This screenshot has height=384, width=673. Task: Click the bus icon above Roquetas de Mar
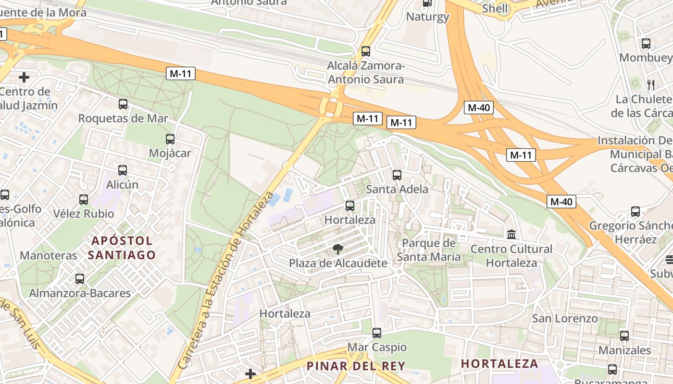(123, 104)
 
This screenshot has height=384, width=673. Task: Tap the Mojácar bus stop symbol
(170, 139)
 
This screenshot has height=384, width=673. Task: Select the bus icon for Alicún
(123, 170)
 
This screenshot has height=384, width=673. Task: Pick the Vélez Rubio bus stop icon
(84, 199)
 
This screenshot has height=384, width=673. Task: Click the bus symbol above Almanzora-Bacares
(80, 278)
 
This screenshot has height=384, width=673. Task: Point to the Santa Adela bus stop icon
(397, 175)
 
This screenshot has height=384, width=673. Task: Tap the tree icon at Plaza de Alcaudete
(338, 249)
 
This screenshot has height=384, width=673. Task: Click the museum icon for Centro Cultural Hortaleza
(511, 235)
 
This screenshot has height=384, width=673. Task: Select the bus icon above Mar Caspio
(377, 333)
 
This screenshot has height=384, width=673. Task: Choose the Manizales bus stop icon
(624, 336)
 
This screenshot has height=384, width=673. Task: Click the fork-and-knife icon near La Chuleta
(651, 85)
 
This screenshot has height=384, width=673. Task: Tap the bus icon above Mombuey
(646, 44)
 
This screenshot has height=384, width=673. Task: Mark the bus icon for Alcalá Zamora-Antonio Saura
(366, 51)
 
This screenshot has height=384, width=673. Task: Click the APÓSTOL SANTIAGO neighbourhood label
(122, 248)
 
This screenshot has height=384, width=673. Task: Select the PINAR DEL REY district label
(356, 366)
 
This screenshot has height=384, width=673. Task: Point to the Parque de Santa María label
(428, 250)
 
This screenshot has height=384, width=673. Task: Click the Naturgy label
(427, 17)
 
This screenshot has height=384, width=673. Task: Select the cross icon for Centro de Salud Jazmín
(24, 77)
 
